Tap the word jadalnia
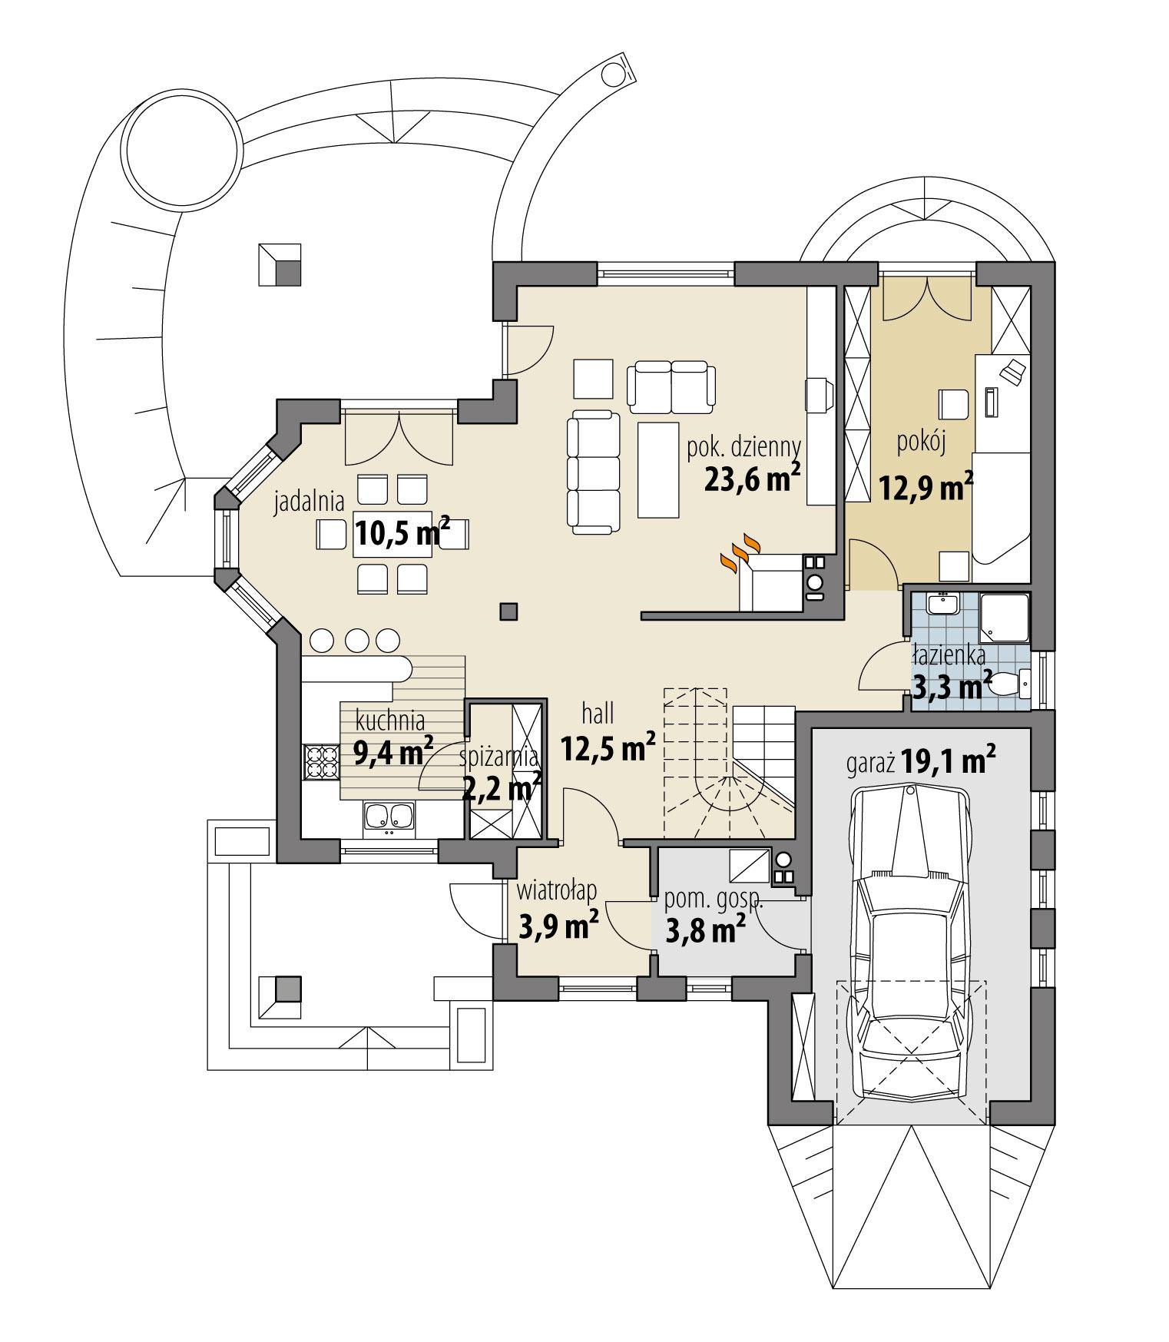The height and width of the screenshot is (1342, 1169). point(310,503)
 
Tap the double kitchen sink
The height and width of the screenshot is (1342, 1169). point(389,817)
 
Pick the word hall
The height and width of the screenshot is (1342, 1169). point(598,714)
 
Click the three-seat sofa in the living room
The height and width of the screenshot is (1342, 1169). point(594,472)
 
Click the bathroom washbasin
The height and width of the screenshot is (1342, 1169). point(941,604)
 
